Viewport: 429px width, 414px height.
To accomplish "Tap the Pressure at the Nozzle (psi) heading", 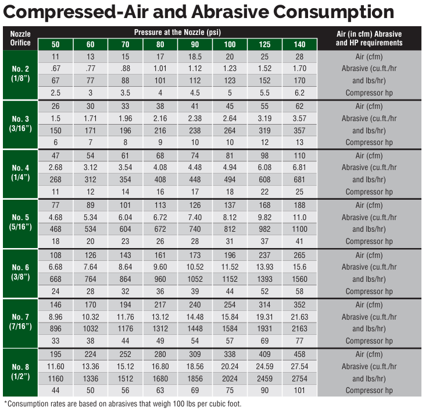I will (177, 32).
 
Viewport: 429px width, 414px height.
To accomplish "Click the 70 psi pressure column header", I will (125, 44).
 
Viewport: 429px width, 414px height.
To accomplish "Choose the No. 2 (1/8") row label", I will (20, 75).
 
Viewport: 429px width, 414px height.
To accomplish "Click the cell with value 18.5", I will (195, 56).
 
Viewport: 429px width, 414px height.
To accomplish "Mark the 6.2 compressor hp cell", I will (299, 93).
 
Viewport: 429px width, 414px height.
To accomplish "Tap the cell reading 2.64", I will (230, 118).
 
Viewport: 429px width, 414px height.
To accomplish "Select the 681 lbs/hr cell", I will (299, 180).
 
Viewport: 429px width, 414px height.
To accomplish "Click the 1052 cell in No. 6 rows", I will (195, 279).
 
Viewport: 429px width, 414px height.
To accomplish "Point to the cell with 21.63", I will (299, 316).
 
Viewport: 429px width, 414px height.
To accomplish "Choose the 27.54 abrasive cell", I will (299, 366).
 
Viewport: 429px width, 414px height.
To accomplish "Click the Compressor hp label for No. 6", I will (369, 291).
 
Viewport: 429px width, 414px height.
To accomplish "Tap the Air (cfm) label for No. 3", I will (369, 106).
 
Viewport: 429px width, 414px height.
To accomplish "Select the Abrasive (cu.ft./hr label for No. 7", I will (369, 316).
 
